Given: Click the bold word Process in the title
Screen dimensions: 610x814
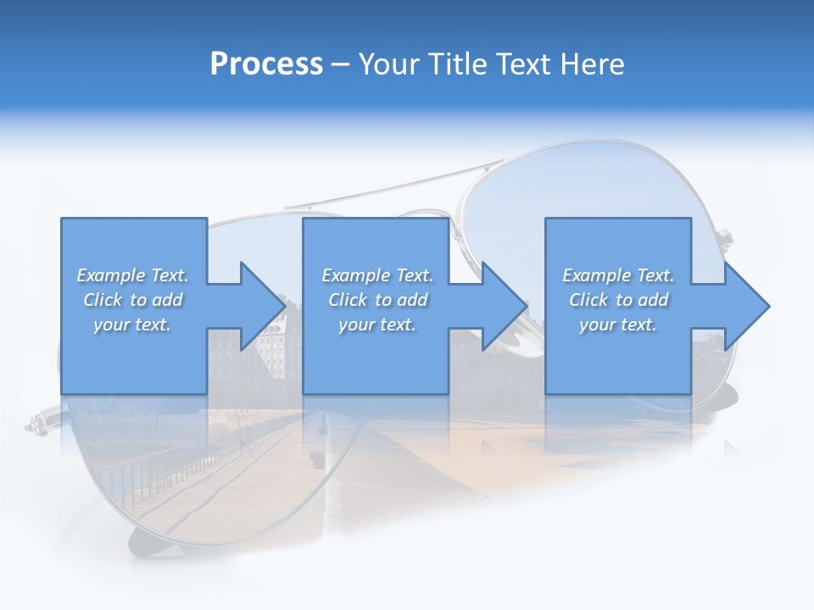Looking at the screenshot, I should (x=266, y=64).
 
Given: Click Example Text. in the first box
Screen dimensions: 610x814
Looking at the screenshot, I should (x=132, y=275).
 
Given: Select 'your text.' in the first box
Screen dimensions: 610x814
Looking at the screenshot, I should (x=132, y=324).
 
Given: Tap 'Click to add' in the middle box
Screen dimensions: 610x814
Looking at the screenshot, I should (x=377, y=300).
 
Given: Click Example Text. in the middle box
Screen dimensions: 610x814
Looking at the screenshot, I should (x=377, y=275).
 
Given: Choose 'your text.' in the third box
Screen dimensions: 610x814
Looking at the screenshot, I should (x=617, y=324).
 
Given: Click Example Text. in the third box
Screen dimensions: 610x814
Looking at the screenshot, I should (x=617, y=275).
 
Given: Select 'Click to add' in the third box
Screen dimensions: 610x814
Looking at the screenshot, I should (x=618, y=300).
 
